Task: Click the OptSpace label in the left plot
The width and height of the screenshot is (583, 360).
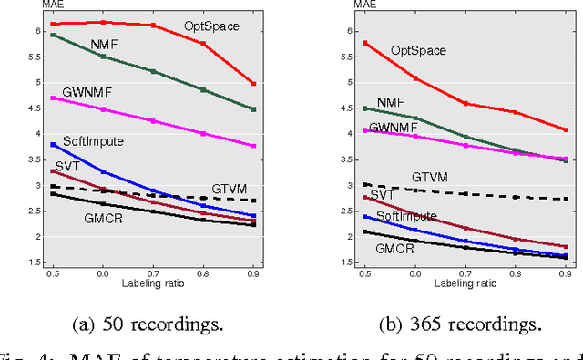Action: tap(211, 26)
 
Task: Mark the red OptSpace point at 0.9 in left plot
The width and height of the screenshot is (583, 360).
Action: tap(253, 84)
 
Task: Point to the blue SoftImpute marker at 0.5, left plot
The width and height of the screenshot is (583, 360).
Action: tap(52, 144)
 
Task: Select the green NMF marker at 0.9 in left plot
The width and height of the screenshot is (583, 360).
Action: tap(253, 109)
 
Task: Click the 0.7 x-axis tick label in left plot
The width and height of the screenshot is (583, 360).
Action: tap(153, 273)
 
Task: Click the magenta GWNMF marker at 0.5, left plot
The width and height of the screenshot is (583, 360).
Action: tap(52, 98)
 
